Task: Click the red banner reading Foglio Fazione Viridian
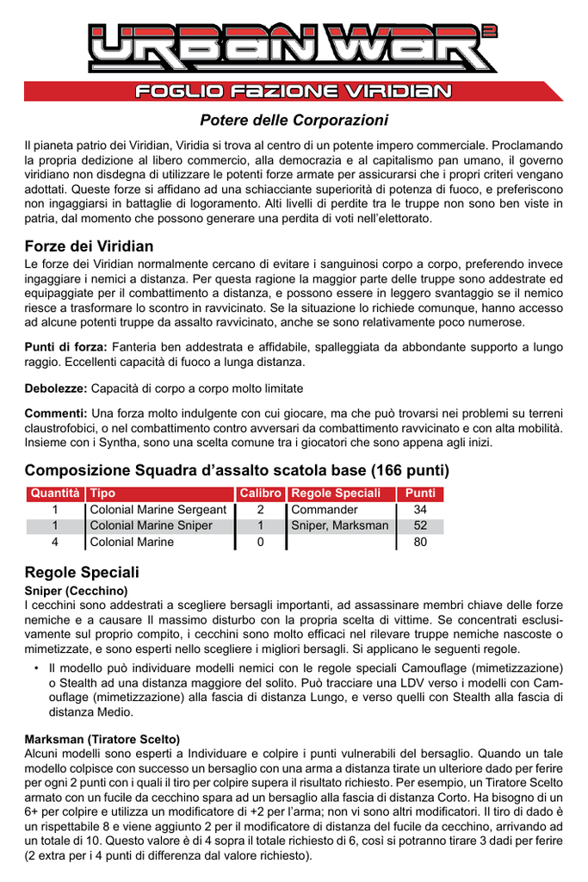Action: click(294, 91)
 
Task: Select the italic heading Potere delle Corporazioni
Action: click(294, 120)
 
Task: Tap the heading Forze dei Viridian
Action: click(89, 246)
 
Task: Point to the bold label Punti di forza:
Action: click(65, 346)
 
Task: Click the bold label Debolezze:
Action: click(56, 388)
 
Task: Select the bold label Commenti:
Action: click(56, 413)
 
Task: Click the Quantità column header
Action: click(55, 494)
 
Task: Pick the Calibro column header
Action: click(260, 494)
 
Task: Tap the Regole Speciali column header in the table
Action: click(337, 494)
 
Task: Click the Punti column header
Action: click(420, 494)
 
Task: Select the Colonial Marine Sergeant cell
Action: click(158, 510)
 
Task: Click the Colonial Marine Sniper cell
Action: click(151, 525)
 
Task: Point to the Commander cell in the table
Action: click(325, 510)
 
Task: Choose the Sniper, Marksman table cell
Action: click(340, 525)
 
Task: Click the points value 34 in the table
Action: click(420, 510)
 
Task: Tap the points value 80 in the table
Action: click(420, 542)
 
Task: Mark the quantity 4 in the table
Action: click(55, 542)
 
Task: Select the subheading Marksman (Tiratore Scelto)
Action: click(102, 739)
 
